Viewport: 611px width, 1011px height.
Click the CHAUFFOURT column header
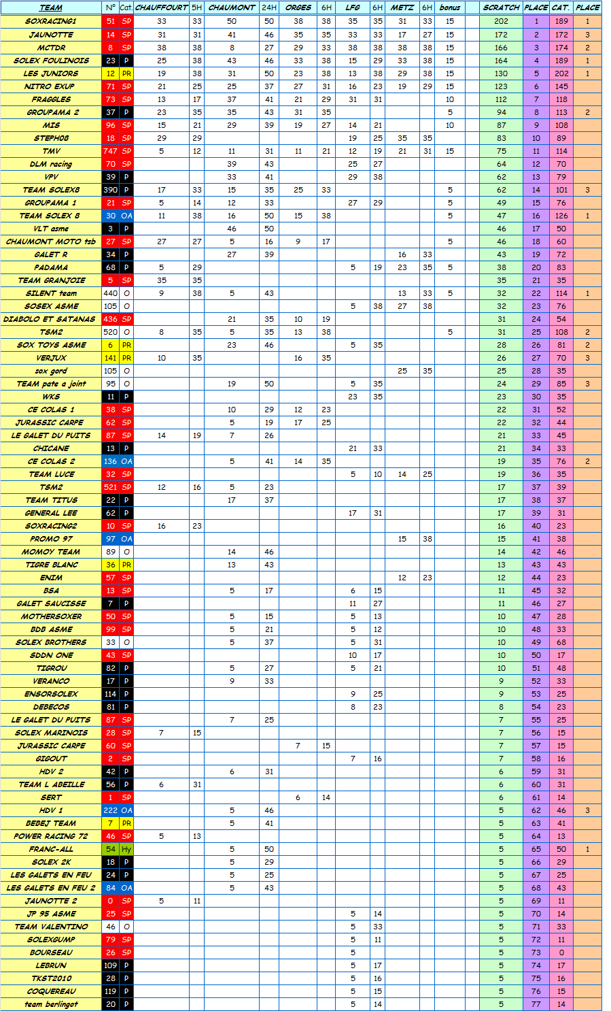[x=161, y=7]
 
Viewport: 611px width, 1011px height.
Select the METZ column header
[x=402, y=7]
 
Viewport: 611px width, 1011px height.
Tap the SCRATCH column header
[x=501, y=7]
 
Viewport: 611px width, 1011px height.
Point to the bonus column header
[x=450, y=7]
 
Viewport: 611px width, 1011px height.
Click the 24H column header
[x=269, y=7]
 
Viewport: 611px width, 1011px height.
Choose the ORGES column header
[x=298, y=7]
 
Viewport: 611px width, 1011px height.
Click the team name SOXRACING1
[x=51, y=21]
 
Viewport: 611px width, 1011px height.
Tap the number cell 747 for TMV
[x=110, y=151]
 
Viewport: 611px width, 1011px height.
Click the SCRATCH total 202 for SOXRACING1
[x=501, y=21]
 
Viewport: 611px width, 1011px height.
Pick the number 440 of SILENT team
[x=110, y=293]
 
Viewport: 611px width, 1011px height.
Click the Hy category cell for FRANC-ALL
[x=126, y=849]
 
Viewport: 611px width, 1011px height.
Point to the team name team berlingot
[x=51, y=1004]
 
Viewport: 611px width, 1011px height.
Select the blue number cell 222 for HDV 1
[x=110, y=810]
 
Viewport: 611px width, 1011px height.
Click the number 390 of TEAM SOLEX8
[x=110, y=190]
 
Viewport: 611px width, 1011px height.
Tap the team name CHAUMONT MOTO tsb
[x=51, y=242]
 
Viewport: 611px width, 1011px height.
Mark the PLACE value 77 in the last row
[x=536, y=1004]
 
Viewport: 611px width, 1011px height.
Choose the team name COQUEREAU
[x=51, y=991]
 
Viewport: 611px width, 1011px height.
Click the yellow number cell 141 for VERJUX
[x=110, y=358]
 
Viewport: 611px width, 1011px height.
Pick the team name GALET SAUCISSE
[x=51, y=603]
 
